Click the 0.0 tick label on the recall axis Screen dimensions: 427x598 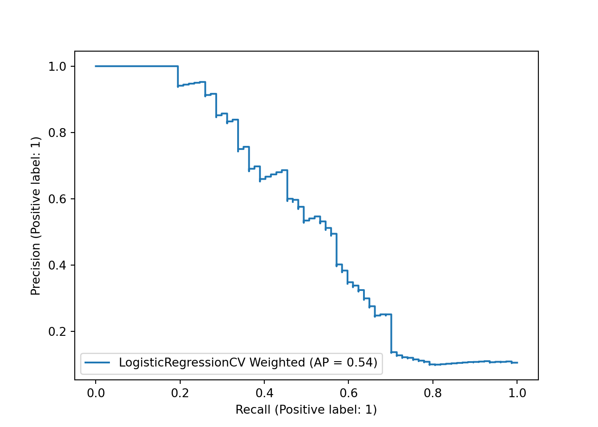[x=95, y=393]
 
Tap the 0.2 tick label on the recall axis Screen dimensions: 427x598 [x=180, y=393]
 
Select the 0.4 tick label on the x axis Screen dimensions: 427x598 [x=264, y=393]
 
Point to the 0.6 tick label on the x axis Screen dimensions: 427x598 [x=348, y=393]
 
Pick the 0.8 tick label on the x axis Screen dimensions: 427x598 [x=432, y=393]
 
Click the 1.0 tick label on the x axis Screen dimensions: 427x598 [x=517, y=393]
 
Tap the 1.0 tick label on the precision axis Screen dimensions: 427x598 [x=57, y=67]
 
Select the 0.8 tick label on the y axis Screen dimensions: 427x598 [x=57, y=133]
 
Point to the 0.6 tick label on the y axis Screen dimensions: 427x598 [x=57, y=199]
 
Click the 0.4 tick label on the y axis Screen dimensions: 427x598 [x=57, y=266]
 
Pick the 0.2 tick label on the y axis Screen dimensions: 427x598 [x=57, y=332]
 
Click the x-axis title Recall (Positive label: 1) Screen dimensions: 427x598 [x=306, y=410]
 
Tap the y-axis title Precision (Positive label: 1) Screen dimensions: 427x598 [x=36, y=216]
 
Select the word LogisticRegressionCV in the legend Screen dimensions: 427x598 [x=182, y=363]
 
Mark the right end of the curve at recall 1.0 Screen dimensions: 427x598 [x=517, y=363]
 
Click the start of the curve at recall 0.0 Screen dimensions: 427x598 [x=95, y=66]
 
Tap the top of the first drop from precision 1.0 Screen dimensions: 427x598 [x=178, y=66]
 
